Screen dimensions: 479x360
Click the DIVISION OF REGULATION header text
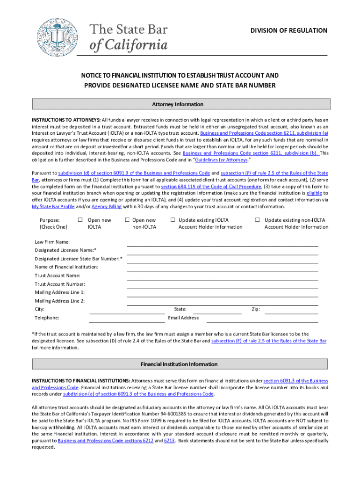(x=288, y=31)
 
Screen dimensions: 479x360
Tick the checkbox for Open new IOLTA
(x=80, y=220)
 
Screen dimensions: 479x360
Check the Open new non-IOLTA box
(x=127, y=220)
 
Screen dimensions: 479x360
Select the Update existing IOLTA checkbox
(x=173, y=220)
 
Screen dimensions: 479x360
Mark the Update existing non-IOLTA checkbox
(x=257, y=220)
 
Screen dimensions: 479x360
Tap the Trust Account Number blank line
(x=222, y=286)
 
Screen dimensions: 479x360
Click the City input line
(x=126, y=311)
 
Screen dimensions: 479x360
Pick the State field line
(x=217, y=311)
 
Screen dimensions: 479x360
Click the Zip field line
(x=290, y=311)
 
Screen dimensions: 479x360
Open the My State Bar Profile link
(x=53, y=207)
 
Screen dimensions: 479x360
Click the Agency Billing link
(x=107, y=207)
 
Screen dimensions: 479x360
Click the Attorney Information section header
(x=181, y=104)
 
